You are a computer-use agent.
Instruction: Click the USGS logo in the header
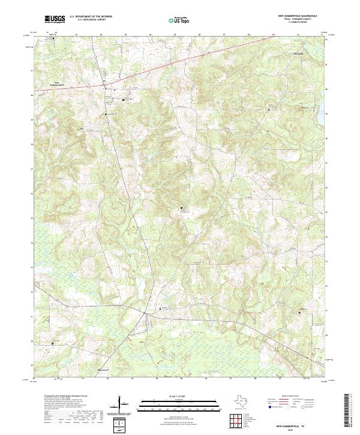coord(56,19)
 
